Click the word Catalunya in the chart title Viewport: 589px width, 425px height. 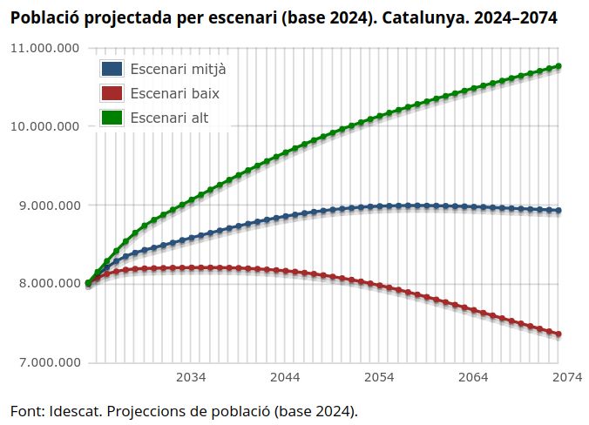[413, 17]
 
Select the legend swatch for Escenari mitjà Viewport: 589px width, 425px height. [112, 69]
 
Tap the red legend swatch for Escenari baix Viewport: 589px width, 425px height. [112, 92]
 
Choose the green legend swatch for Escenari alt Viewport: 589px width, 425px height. [112, 117]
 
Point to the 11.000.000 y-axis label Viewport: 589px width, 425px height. [44, 48]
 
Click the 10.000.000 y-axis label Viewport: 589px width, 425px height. [44, 126]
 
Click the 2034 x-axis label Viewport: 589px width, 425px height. [191, 377]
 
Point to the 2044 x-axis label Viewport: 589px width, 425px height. [285, 377]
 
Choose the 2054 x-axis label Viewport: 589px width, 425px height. [379, 377]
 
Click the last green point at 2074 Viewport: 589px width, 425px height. [559, 66]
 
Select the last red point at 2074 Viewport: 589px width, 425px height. [559, 334]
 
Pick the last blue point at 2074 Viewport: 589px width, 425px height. [559, 211]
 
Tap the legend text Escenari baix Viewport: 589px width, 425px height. [174, 92]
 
